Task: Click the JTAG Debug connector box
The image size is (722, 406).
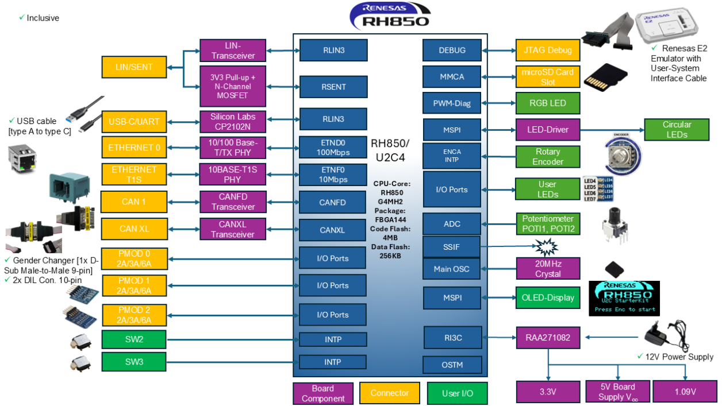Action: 547,50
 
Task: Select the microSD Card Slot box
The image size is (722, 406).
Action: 547,77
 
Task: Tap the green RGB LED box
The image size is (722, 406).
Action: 547,103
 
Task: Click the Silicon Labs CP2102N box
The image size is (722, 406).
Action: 233,121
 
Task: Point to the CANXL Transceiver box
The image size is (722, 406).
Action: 233,229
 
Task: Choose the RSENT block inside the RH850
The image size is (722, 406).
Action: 333,87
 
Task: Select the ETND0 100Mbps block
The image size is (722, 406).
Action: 333,148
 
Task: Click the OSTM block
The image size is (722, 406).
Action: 452,365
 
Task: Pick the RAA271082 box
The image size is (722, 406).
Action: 547,338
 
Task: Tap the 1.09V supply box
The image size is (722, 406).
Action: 683,392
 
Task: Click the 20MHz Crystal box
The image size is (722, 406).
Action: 547,268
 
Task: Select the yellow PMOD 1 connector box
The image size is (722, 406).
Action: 134,285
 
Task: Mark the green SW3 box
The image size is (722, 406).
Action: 134,362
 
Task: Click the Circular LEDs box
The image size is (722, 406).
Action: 677,129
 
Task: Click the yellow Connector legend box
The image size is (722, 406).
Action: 390,393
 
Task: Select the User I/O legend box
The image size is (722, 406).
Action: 458,393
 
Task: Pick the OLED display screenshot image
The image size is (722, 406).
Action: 624,297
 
